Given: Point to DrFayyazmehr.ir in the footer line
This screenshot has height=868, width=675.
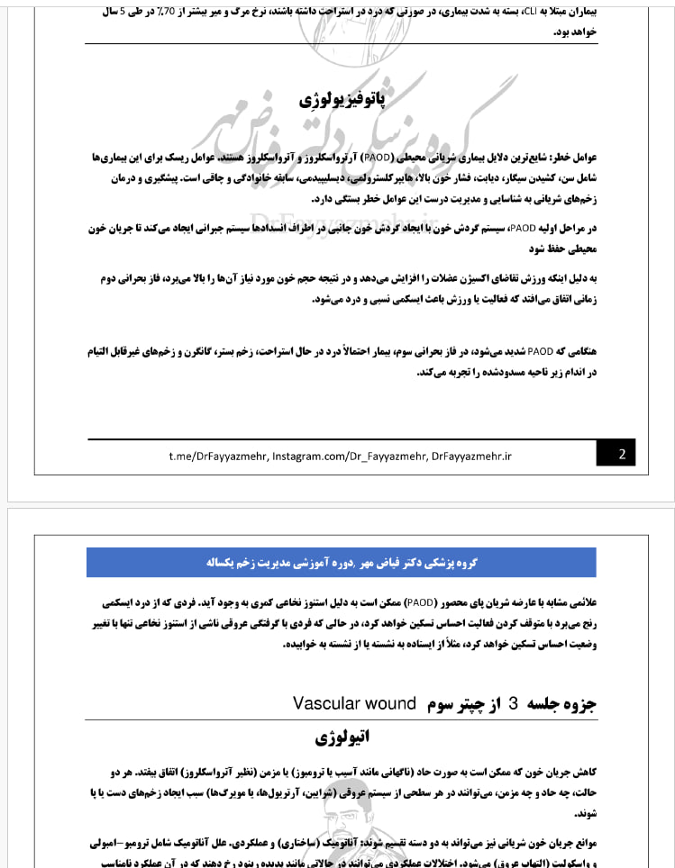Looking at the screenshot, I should pos(471,456).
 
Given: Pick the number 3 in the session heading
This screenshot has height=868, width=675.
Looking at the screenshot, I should pos(514,704).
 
